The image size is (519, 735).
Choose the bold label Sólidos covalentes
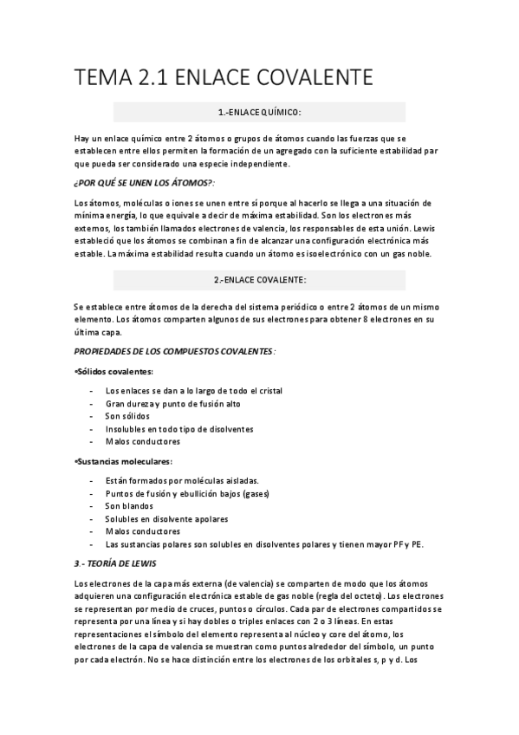(x=115, y=371)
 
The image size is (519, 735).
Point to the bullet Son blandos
(x=129, y=505)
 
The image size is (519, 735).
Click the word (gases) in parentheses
(x=254, y=493)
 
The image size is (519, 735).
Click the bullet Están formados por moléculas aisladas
(x=182, y=480)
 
